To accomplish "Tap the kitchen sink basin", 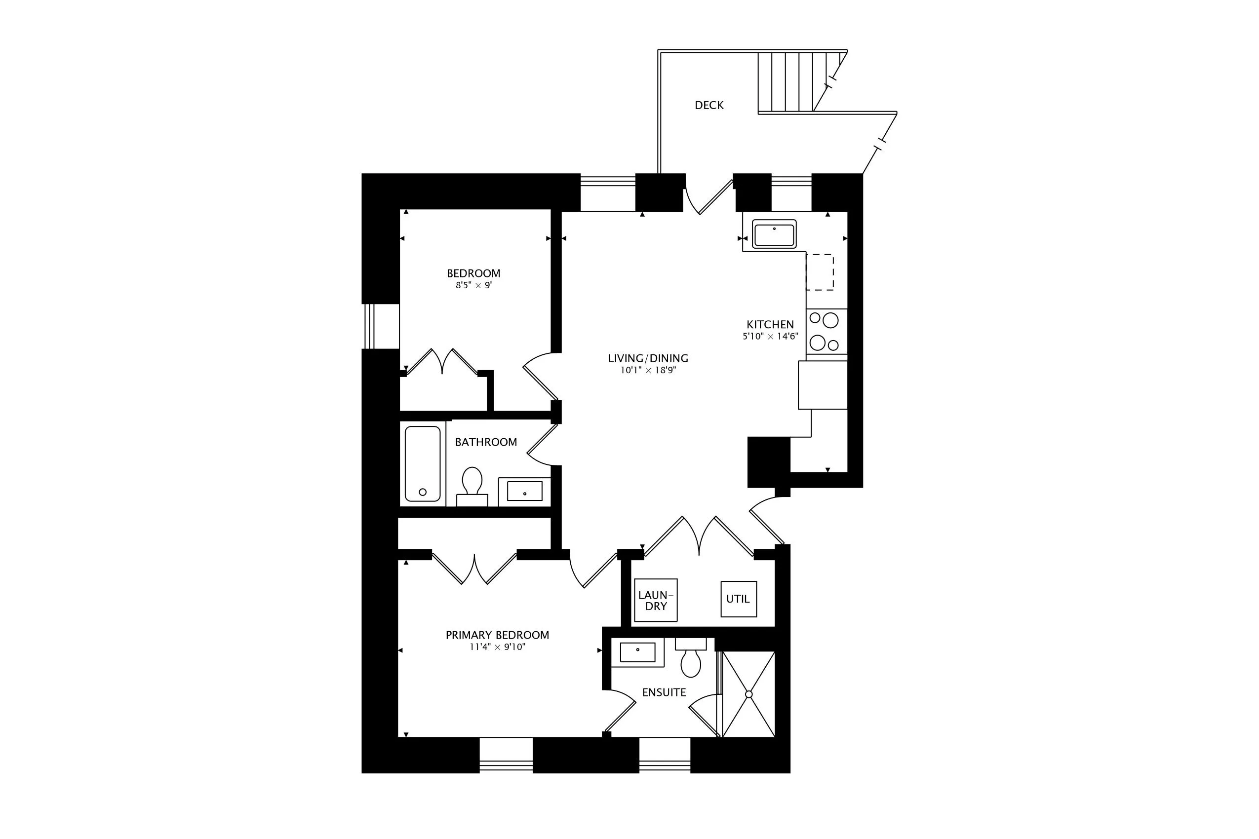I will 774,234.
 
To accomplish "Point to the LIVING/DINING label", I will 648,358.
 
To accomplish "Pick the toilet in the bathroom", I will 472,482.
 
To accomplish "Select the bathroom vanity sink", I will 524,491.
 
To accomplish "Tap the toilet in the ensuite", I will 691,662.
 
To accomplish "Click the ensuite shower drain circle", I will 749,694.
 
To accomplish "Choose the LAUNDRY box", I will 656,600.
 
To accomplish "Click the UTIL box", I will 738,599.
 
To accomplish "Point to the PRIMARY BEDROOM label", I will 497,635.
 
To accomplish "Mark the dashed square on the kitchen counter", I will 820,272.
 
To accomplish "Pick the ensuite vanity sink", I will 637,652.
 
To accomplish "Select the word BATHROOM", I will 485,442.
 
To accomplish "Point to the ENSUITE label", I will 664,692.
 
